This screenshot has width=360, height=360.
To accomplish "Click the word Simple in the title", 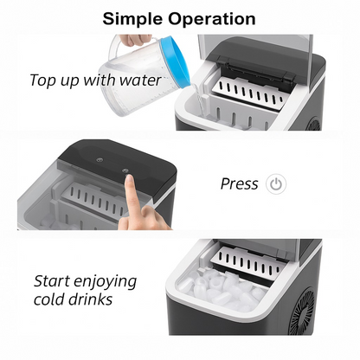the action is [133, 20].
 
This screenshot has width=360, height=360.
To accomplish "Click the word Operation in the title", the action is [212, 19].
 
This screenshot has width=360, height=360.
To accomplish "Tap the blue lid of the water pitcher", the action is [175, 61].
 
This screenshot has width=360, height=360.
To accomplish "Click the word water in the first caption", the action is [140, 80].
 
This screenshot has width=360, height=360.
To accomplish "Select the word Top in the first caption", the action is [43, 80].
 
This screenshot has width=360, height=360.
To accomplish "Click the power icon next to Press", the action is [276, 183].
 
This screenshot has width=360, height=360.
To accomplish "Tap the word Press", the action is [239, 183].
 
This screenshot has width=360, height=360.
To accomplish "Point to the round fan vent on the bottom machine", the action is [303, 311].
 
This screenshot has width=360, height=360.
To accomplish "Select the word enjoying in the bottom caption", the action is [105, 282].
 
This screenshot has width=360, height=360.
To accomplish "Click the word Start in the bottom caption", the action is [52, 281].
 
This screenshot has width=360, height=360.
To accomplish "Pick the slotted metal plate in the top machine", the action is [250, 93].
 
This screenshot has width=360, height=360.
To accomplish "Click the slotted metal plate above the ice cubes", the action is [248, 263].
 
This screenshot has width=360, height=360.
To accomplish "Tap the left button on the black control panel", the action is [100, 159].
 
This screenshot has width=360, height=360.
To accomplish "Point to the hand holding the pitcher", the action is [135, 40].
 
